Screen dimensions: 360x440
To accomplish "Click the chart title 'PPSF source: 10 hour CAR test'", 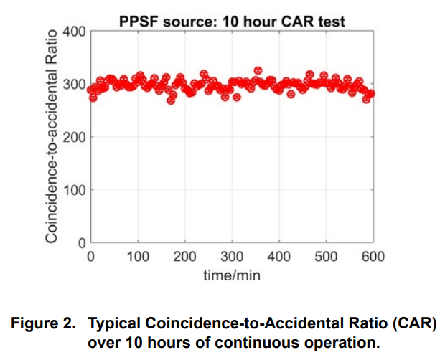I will (x=232, y=22).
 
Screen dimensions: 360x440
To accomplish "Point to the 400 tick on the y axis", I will (x=75, y=32).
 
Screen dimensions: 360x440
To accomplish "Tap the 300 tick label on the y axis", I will (x=75, y=85).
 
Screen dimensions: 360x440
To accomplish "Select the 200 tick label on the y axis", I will (x=75, y=137).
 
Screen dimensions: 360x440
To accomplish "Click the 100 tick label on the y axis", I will (x=75, y=190).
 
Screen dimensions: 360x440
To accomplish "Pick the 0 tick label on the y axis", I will (x=82, y=242).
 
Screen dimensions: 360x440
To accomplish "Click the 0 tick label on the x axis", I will (x=90, y=257).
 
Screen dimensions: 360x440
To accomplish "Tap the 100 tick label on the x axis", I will (x=138, y=257).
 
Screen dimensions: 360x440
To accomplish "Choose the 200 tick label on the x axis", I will (x=185, y=257).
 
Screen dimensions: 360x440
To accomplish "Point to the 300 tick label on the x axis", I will (x=232, y=257).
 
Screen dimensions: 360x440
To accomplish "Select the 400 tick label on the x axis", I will (x=279, y=257).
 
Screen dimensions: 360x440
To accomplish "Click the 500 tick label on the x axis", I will (x=327, y=257).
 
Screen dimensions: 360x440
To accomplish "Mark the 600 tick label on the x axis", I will (x=373, y=257).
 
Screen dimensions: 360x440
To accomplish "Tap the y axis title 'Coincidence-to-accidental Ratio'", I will (x=52, y=137).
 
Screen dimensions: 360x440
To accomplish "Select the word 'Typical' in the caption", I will (x=113, y=324).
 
